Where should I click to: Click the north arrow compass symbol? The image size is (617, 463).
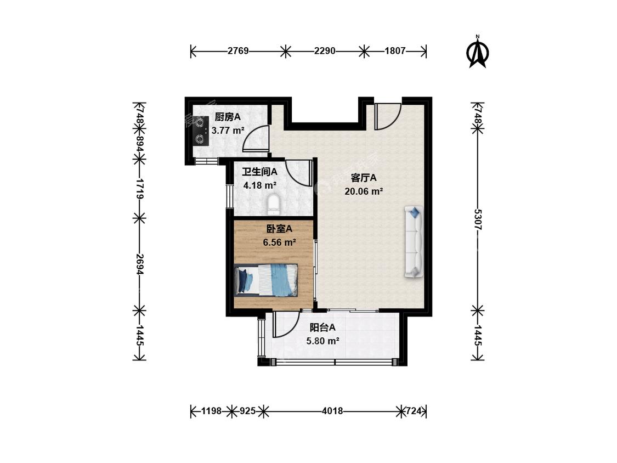478,52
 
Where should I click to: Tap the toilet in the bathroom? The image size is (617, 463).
273,205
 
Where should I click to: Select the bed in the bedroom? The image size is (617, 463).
265,280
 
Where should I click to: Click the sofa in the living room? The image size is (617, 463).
414,242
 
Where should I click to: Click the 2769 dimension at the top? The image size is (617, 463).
238,51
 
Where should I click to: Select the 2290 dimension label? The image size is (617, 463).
325,51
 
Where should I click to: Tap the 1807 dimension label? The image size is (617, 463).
395,51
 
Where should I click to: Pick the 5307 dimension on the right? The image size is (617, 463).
478,219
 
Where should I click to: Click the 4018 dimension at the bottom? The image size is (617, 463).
332,411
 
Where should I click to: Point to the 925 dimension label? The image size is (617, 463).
247,411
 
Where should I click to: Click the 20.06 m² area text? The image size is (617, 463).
364,191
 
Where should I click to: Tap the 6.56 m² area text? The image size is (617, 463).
279,242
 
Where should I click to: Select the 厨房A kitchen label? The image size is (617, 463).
228,117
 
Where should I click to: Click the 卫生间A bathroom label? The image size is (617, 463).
259,172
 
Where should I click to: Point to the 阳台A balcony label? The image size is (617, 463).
322,327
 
